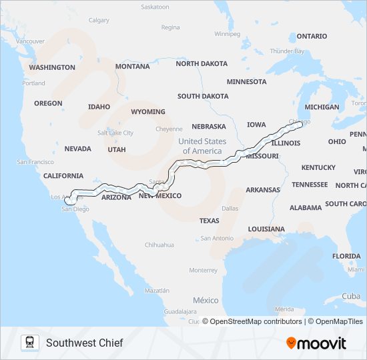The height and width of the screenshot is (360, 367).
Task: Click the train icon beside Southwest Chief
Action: (29, 343)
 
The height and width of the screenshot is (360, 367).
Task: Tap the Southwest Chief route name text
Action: (84, 343)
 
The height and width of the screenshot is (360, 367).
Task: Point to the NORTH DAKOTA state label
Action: (202, 64)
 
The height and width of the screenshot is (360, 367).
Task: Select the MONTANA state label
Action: (132, 67)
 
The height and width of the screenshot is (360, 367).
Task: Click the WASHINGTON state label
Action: (52, 67)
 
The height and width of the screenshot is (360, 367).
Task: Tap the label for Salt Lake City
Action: (115, 133)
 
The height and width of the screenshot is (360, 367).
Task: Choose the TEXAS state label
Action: (209, 221)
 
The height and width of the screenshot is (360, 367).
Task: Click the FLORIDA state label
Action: (346, 256)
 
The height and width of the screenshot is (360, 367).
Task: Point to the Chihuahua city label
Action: (159, 245)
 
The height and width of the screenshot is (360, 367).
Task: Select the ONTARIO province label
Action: (312, 36)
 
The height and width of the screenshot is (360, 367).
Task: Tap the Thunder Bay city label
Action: (287, 51)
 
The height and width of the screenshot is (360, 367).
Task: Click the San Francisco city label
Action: (35, 162)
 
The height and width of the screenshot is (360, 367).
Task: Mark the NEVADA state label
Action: (77, 149)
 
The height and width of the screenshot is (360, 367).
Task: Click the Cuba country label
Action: (351, 296)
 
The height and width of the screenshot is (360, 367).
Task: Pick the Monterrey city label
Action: (203, 271)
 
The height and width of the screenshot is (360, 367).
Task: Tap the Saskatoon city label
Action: (155, 7)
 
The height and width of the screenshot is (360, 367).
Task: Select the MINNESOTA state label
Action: (246, 82)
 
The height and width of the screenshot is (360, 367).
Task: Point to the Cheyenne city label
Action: (169, 129)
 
